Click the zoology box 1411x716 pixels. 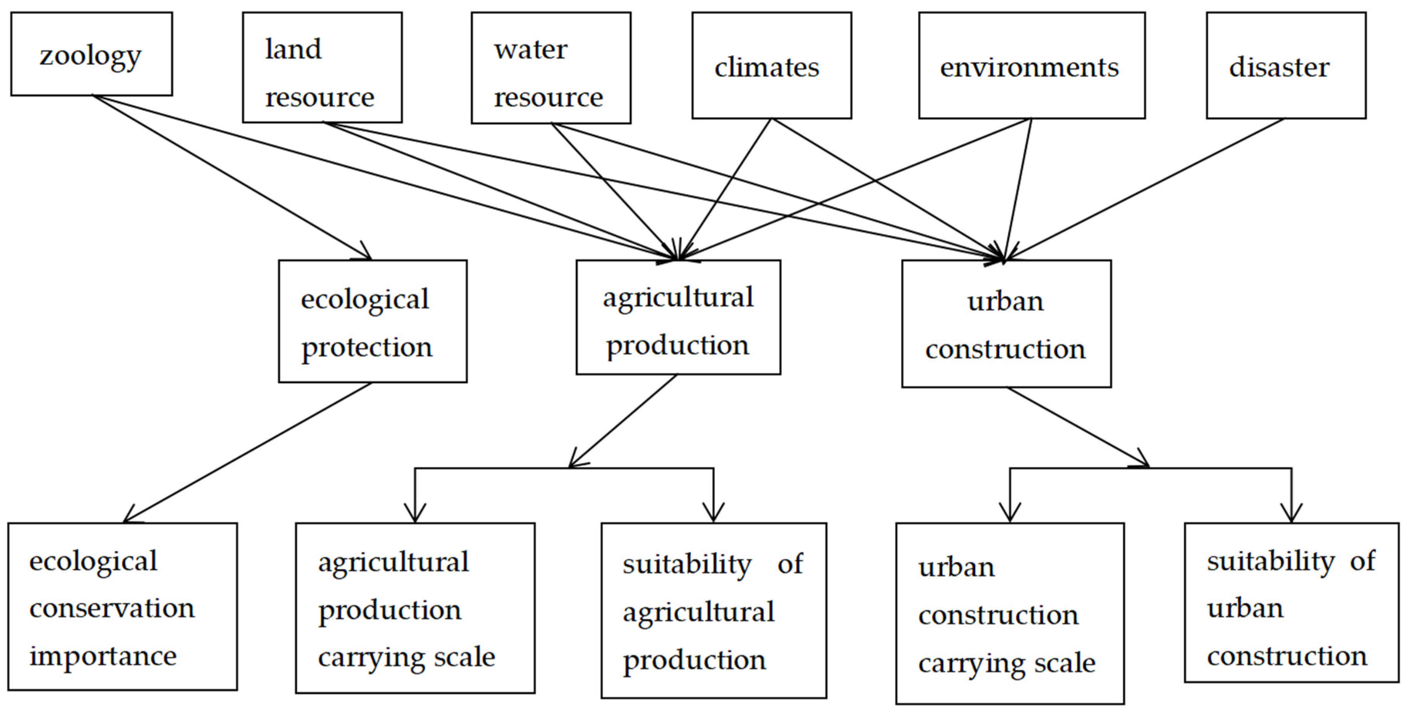(91, 54)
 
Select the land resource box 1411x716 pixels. (322, 67)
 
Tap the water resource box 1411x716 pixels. (551, 68)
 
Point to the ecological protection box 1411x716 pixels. (373, 321)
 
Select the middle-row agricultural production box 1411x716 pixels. (678, 317)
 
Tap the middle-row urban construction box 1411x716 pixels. (1006, 324)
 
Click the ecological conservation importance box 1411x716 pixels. (123, 607)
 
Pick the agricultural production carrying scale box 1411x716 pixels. (415, 608)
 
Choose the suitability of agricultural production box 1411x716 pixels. (714, 610)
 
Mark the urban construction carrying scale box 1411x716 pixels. (1010, 613)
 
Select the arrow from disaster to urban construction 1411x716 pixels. (1145, 189)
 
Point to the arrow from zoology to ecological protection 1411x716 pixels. (230, 176)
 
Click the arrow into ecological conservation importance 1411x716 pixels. (247, 453)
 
